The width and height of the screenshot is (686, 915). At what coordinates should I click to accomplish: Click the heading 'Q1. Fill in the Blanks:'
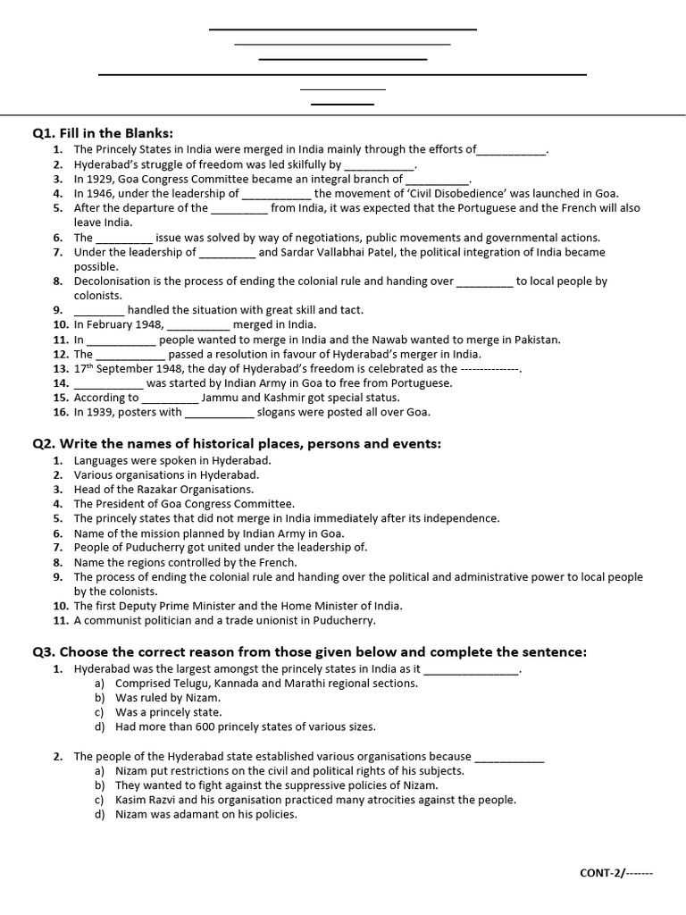(x=103, y=132)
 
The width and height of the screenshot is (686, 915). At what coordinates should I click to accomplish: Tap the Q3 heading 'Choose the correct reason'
(x=310, y=651)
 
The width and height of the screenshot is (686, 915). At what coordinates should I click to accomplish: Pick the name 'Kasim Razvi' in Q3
(x=146, y=800)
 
